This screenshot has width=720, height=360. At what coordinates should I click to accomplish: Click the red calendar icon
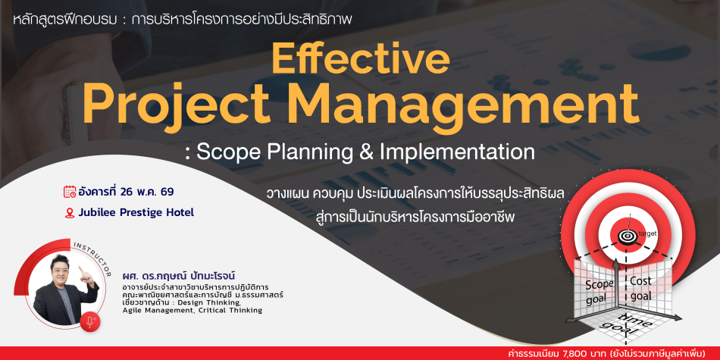(x=70, y=192)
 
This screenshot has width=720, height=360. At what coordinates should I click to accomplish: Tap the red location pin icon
(x=70, y=213)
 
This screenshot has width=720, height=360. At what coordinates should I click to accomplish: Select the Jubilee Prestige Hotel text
(x=136, y=213)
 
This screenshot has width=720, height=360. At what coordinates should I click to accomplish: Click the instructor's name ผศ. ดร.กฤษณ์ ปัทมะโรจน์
(x=179, y=276)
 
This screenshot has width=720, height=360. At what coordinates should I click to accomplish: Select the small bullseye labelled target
(x=626, y=236)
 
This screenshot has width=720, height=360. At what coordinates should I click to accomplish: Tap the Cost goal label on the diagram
(x=640, y=288)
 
